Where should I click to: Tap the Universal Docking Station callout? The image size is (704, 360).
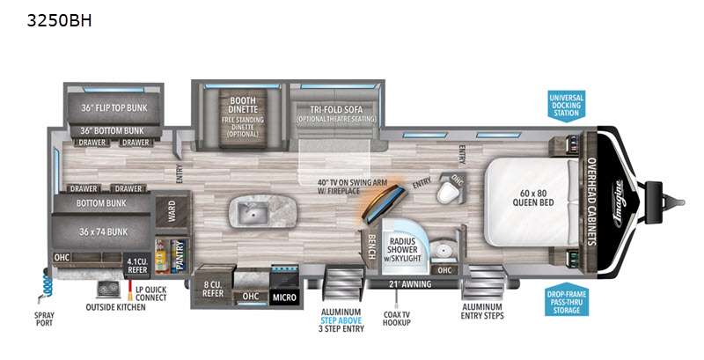[x=566, y=105]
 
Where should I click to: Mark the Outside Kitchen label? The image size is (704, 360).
[x=116, y=307]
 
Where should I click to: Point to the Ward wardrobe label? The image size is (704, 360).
[x=165, y=212]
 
